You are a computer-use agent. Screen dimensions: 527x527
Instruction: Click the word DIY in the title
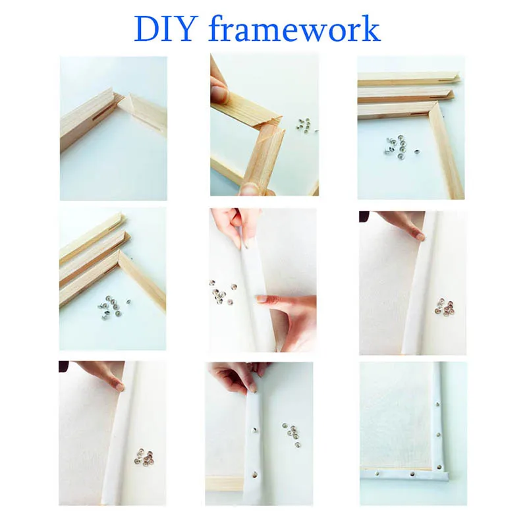click(x=166, y=29)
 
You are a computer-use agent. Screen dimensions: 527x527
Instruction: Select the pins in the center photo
click(x=221, y=292)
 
